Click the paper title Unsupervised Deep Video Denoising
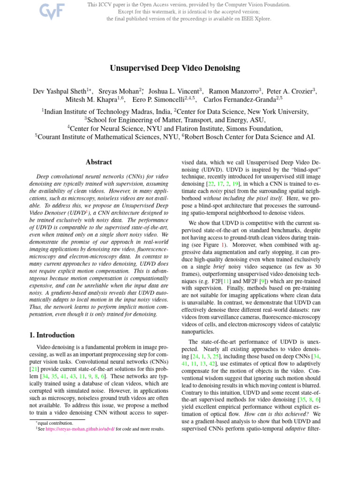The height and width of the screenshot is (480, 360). [x=175, y=68]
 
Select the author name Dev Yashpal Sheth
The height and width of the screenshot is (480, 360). [x=59, y=91]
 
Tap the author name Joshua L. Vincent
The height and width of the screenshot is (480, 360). [x=174, y=91]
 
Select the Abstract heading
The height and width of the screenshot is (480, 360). [x=98, y=162]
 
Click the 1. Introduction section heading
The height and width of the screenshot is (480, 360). [x=49, y=335]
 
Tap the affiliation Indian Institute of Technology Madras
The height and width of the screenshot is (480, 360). [x=106, y=112]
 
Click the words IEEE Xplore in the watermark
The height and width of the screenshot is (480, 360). [x=256, y=19]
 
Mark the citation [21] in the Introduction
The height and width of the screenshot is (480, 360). [x=29, y=371]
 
